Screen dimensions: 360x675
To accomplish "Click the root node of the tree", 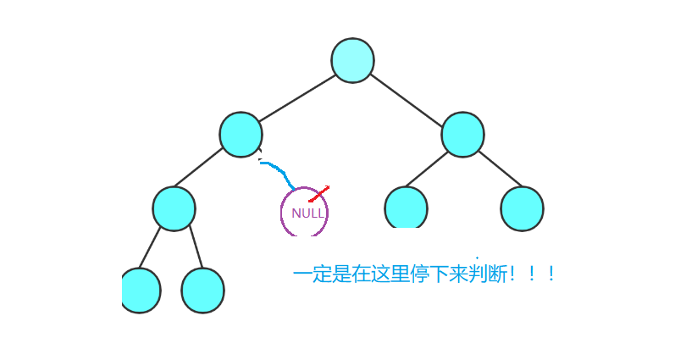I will (x=352, y=60).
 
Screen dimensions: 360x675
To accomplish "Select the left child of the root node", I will (x=241, y=135).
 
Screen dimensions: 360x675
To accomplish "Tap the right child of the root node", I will (x=462, y=135).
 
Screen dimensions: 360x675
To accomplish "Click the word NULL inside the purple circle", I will (x=307, y=213).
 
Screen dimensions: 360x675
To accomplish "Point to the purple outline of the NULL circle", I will (x=282, y=213).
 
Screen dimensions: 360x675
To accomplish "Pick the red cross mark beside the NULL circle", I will (x=318, y=195).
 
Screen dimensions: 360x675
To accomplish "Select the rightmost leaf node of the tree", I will (x=522, y=208).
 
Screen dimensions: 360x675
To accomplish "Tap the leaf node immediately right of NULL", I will (x=406, y=208).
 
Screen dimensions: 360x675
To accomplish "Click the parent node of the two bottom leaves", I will (x=174, y=208).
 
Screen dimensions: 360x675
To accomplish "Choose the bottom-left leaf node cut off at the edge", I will (x=141, y=290).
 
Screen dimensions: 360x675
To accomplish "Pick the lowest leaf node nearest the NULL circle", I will (x=202, y=290).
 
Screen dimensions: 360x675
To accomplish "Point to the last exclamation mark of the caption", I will (x=551, y=274).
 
